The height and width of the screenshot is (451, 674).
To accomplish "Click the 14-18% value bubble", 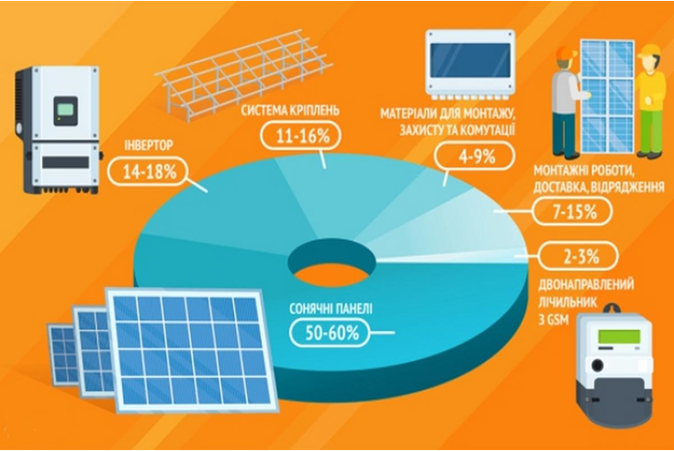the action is pos(149,171).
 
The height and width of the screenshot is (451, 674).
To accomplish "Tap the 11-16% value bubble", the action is pos(301,136).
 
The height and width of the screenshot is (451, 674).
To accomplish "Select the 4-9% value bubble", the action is pos(474,157).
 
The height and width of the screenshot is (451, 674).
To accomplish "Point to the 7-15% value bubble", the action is pos(572,211).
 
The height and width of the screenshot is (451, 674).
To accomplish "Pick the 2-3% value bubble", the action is pos(579,257).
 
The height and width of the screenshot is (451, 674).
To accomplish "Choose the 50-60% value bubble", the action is pos(331,333).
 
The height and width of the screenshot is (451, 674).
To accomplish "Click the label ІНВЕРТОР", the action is pos(149,145).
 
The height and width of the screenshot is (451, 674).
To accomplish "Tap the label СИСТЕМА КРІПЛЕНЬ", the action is pos(290,110).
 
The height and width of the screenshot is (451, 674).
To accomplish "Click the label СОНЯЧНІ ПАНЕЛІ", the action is pos(331,309).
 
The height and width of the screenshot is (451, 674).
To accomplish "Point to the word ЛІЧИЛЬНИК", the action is pos(567,302).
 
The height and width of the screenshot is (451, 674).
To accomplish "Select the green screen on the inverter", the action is pos(66,109).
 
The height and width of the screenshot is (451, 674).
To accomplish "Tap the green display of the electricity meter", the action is pos(619,336).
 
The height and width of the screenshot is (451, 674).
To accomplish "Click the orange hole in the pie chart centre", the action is pos(331,274).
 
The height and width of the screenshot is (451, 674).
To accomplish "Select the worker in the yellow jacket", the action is pos(651,101).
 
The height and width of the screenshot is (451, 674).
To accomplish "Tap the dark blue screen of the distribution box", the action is pos(470,60).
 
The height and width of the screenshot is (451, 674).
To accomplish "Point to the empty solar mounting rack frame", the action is pos(243,74).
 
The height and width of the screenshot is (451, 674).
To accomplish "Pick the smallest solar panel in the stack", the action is pos(63,354).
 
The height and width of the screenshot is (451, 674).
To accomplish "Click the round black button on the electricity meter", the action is pos(598,366).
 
